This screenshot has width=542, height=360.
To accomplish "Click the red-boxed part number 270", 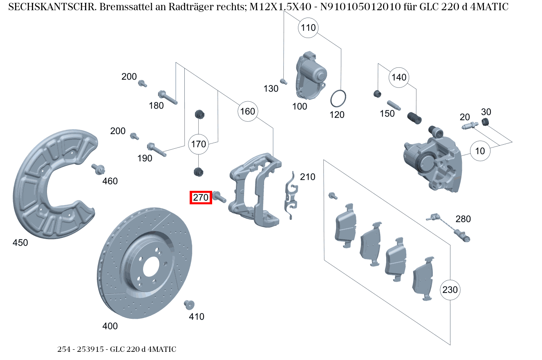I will pos(201,198).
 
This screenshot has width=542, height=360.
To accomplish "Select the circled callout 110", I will pos(308,27).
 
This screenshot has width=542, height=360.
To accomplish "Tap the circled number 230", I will pos(450,290).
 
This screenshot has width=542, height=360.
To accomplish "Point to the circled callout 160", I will pos(247,111).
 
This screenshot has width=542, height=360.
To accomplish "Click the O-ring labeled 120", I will pos(339,98).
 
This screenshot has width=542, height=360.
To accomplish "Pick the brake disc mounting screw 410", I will pos(189,304).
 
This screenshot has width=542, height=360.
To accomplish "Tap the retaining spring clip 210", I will pos(291,195).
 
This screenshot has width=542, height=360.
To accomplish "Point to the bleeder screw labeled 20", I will pos(470,126).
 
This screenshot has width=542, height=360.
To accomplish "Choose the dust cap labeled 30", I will pos(485,122).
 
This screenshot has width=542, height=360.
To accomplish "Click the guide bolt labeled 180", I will pos(167,97).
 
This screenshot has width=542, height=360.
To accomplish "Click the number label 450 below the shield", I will pos(20,243).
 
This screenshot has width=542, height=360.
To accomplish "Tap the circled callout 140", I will pos(399,77).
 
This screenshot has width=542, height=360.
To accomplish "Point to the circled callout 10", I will pos(480,151).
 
